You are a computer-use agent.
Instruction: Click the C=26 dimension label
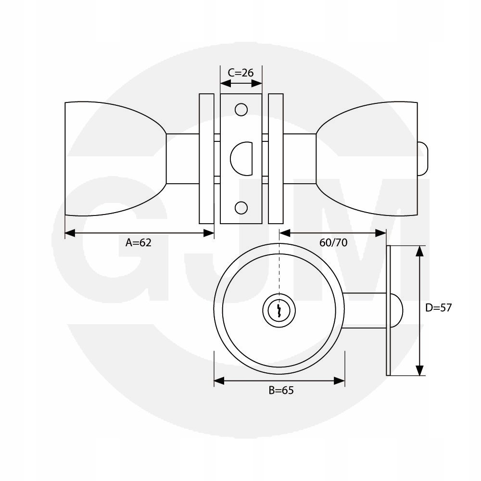[x=241, y=73]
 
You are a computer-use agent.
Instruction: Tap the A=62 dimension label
[x=139, y=242]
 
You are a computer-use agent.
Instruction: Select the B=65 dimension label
[x=281, y=390]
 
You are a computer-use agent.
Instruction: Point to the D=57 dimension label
[x=438, y=308]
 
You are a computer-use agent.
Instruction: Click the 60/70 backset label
[x=333, y=242]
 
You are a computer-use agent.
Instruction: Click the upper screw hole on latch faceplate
[x=241, y=110]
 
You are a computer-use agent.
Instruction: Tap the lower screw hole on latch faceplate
[x=241, y=208]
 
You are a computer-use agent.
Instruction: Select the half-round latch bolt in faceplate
[x=241, y=159]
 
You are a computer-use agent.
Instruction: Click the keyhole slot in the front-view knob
[x=279, y=310]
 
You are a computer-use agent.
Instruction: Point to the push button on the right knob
[x=422, y=159]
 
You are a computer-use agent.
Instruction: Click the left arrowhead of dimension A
[x=70, y=233]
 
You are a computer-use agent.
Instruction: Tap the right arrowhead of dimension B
[x=340, y=381]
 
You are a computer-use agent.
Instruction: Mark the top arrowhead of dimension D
[x=419, y=251]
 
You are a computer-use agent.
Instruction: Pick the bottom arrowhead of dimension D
[x=419, y=370]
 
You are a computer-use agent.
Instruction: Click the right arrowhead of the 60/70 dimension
[x=381, y=233]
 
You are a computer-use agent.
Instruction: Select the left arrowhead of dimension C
[x=226, y=83]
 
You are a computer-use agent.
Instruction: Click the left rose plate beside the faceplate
[x=206, y=159]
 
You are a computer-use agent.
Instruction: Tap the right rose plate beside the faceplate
[x=276, y=159]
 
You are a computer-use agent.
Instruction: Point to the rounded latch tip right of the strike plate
[x=396, y=310]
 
